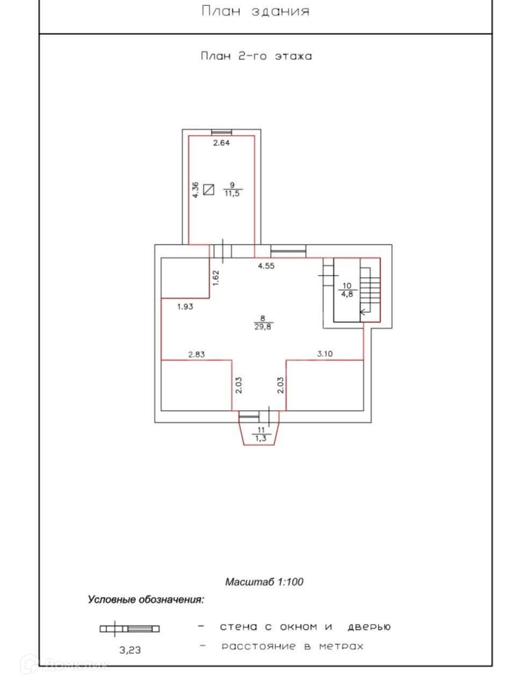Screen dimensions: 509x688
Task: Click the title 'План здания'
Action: [x=255, y=11]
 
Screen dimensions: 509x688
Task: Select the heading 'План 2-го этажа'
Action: [x=256, y=56]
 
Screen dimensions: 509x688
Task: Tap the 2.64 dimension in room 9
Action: [x=221, y=142]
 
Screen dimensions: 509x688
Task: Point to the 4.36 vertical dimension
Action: [x=195, y=190]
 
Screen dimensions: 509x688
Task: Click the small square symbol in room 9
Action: [x=209, y=190]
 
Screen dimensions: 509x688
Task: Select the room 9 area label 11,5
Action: [x=232, y=193]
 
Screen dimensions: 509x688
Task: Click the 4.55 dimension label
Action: [x=266, y=266]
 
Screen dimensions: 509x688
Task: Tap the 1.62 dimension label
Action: [x=216, y=278]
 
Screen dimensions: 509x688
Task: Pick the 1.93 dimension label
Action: [x=185, y=307]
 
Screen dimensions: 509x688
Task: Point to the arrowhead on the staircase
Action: [x=362, y=311]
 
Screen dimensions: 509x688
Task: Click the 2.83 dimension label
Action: [x=196, y=354]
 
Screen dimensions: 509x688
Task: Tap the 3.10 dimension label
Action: [x=325, y=354]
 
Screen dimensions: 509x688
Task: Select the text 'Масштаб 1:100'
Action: [x=264, y=582]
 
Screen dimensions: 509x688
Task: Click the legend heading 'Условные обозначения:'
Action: [x=146, y=600]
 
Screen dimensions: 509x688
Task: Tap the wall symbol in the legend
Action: [x=130, y=629]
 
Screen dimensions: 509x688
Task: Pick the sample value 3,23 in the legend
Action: [x=130, y=650]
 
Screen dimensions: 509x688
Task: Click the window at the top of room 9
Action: [x=221, y=132]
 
